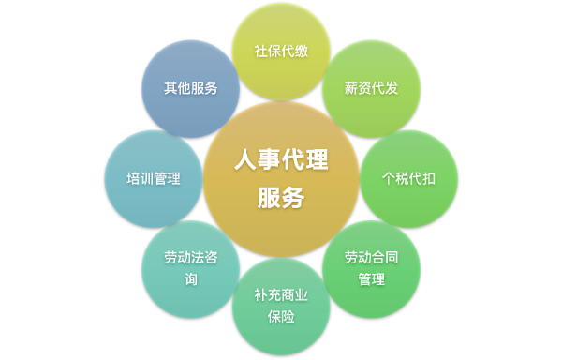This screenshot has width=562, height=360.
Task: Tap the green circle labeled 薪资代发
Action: (x=371, y=88)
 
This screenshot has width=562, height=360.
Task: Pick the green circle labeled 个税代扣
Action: (x=408, y=177)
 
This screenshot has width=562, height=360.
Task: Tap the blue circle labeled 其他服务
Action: (x=191, y=88)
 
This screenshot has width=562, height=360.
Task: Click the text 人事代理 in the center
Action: (x=281, y=161)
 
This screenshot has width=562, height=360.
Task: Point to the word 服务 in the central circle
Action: (x=281, y=198)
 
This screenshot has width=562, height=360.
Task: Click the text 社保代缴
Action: (x=281, y=51)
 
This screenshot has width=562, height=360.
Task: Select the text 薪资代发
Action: (x=371, y=88)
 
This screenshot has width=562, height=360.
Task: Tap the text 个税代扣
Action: (x=408, y=177)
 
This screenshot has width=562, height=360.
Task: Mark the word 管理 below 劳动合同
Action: (x=371, y=279)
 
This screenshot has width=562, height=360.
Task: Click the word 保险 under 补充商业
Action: (x=281, y=317)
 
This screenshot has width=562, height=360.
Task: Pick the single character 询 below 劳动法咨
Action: (x=191, y=279)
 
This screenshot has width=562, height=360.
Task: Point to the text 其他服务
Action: (x=191, y=88)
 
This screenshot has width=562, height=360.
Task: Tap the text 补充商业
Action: (x=281, y=294)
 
